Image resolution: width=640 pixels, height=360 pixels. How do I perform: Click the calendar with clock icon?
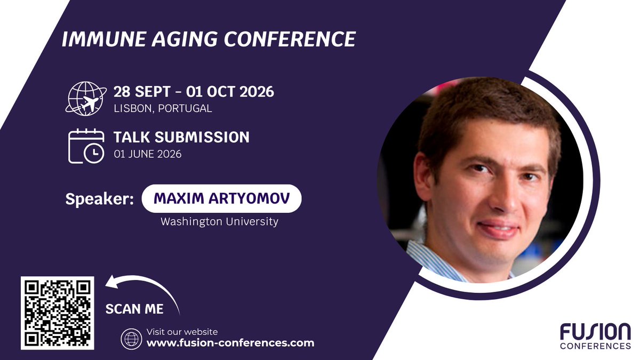coord(86,145)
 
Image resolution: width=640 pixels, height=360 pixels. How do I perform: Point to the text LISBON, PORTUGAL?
coord(163,108)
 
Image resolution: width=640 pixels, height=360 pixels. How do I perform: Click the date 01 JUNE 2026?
coord(147,154)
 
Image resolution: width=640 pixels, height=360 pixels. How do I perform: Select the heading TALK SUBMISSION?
coord(181,137)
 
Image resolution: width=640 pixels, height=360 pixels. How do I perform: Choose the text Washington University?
coord(219,221)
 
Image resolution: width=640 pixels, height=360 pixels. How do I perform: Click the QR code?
coord(58,313)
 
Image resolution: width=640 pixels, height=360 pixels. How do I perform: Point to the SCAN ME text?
coord(134,309)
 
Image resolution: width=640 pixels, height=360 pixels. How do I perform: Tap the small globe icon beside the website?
coord(130,338)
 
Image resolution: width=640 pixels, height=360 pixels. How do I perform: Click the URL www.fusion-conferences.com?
coord(230,343)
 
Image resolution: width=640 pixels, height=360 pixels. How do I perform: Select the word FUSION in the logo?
coord(595,332)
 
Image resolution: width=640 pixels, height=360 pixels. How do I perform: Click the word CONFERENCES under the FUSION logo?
coord(595,346)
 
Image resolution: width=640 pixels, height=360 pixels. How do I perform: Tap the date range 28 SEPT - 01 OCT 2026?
coord(194,92)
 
